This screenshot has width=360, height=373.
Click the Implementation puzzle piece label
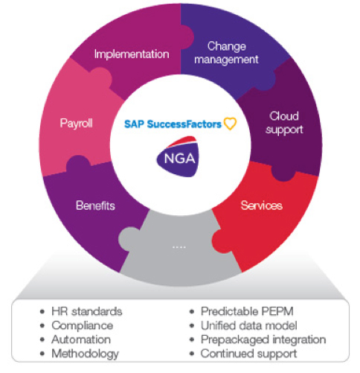coord(132,54)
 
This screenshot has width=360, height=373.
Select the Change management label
coord(226,53)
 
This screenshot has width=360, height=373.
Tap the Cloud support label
coord(284,123)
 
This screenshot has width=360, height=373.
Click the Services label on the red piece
coord(262,205)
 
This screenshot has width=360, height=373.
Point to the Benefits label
coord(95,205)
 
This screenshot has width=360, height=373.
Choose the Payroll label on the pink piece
coord(77,124)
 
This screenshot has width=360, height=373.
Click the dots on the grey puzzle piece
coord(179,247)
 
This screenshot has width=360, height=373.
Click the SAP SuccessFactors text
coord(173,124)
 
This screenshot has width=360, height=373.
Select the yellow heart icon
coord(230,124)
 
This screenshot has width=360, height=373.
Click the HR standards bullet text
coord(87,311)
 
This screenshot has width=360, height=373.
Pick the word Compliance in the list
coord(83,326)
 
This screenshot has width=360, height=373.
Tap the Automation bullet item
coord(81,339)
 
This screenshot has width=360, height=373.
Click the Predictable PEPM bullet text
coord(247,311)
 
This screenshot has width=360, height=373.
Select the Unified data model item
coord(249,325)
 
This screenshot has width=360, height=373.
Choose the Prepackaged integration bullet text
coord(263,340)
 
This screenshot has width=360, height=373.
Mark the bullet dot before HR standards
coord(42,312)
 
